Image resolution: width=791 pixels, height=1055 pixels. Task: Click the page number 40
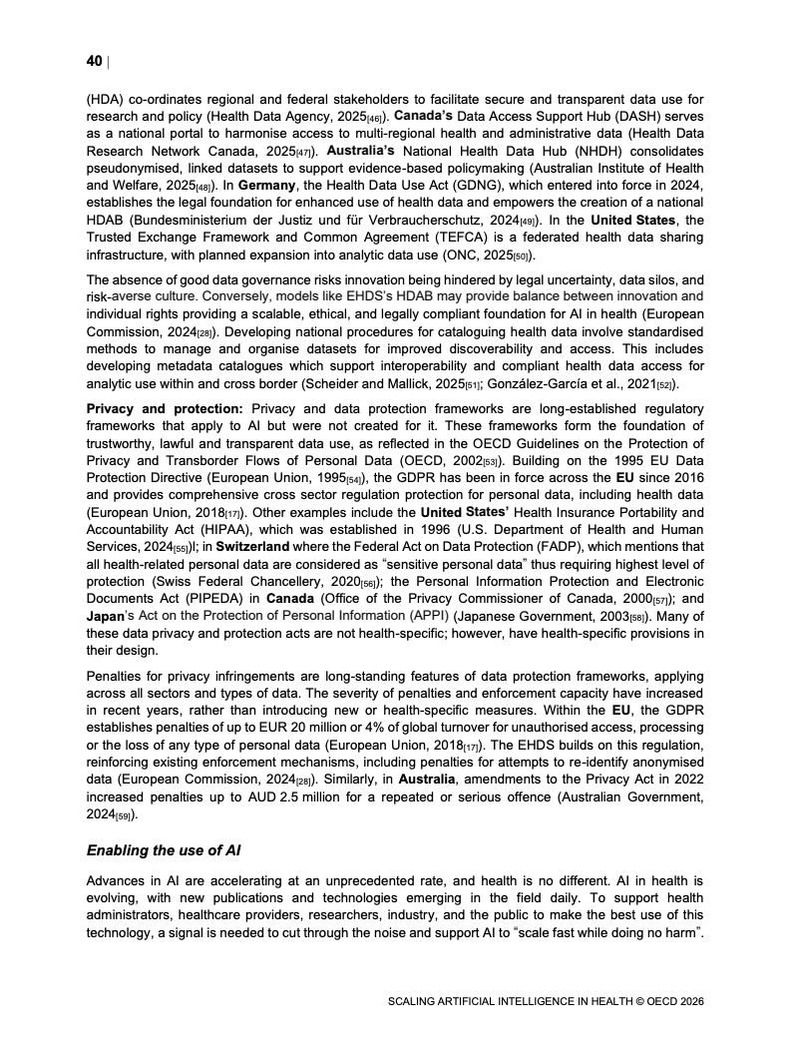click(x=94, y=62)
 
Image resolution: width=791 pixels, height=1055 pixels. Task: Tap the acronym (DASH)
click(x=655, y=117)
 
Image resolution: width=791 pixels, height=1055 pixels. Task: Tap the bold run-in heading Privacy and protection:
click(x=165, y=409)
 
